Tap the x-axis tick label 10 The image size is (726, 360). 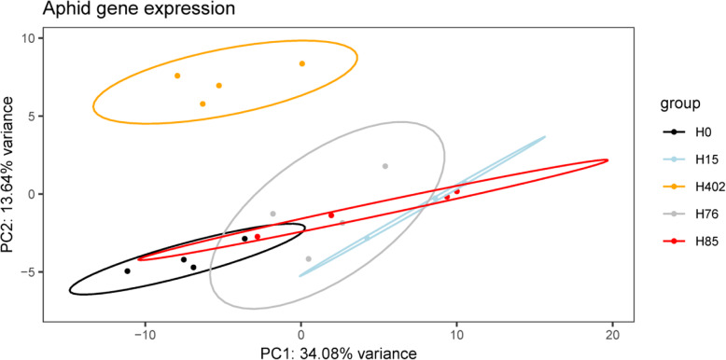(456, 334)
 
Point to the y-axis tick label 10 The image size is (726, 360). (26, 38)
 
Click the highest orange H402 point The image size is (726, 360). (302, 63)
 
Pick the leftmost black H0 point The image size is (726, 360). (128, 270)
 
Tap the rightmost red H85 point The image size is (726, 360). (457, 191)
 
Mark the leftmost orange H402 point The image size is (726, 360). (177, 76)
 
